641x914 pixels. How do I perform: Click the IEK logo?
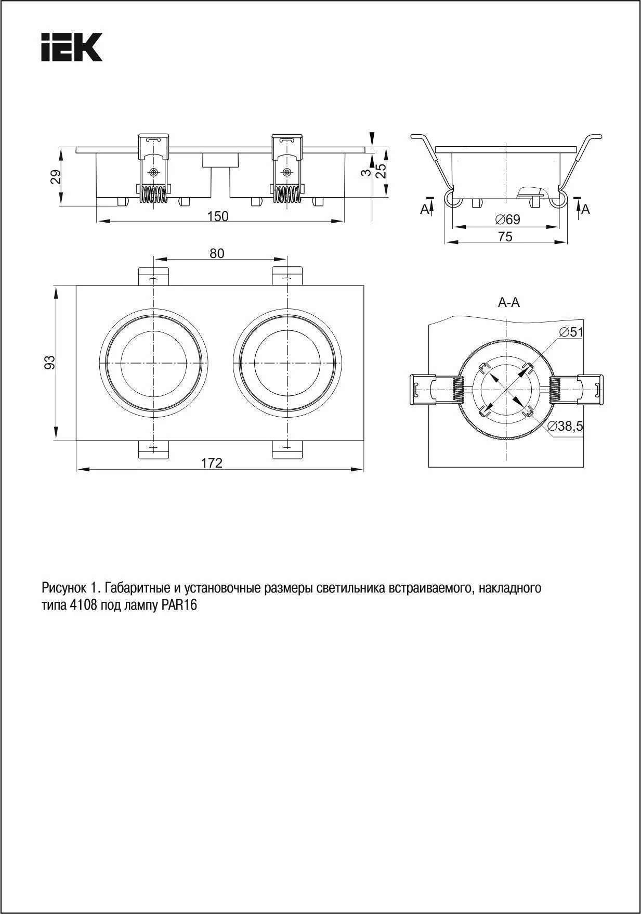tap(71, 47)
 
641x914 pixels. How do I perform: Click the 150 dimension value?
tap(218, 216)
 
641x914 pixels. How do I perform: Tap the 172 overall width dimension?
tap(212, 462)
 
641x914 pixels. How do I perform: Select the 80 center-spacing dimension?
tap(217, 253)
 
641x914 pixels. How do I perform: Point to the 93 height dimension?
tap(49, 362)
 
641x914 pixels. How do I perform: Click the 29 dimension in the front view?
tap(56, 177)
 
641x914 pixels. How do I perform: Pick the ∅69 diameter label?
tap(507, 220)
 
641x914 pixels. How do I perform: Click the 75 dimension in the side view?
tap(505, 237)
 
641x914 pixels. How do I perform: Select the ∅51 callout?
tap(571, 332)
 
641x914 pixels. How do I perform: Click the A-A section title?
tap(508, 302)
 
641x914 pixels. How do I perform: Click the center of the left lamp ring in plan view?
tap(153, 362)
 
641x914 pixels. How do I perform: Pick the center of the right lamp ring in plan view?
tap(286, 362)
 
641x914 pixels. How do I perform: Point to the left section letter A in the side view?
tap(425, 209)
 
